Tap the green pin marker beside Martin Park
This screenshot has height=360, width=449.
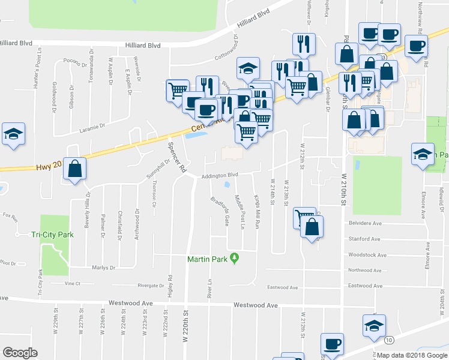pyautogui.click(x=235, y=259)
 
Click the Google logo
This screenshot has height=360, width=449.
pyautogui.click(x=20, y=353)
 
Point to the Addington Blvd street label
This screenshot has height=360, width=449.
pyautogui.click(x=220, y=175)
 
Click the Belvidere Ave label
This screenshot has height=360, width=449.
pyautogui.click(x=365, y=223)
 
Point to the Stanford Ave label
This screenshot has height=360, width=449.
pyautogui.click(x=364, y=239)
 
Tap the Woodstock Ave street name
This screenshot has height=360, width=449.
pyautogui.click(x=367, y=255)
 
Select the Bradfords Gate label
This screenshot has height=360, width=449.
pyautogui.click(x=219, y=211)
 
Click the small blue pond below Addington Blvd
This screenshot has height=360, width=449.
pyautogui.click(x=227, y=185)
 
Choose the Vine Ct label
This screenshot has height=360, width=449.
pyautogui.click(x=72, y=283)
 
